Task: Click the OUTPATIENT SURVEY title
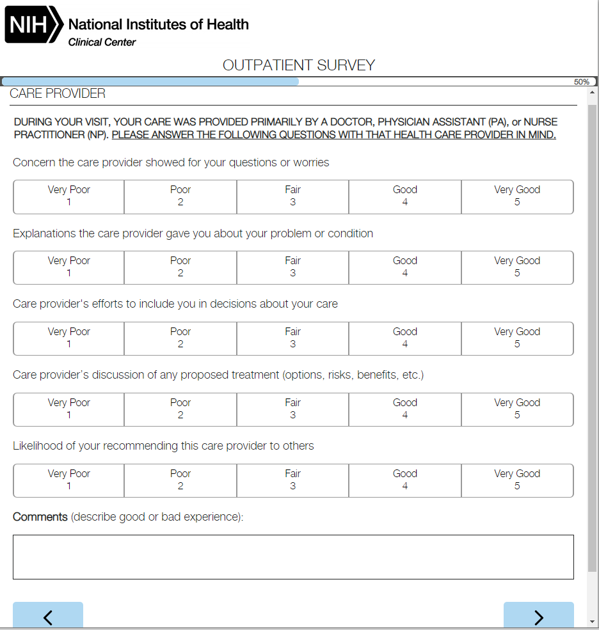coord(299,65)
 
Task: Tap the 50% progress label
coord(581,82)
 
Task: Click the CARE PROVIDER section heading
coord(58,94)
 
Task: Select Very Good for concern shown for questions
coord(517,196)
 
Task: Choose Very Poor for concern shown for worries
coord(69,196)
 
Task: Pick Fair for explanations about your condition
coord(292,267)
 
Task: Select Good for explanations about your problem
coord(405,267)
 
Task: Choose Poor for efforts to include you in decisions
coord(180,338)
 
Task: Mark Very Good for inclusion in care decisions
coord(517,338)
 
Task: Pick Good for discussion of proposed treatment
coord(405,409)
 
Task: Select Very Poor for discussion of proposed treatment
coord(69,409)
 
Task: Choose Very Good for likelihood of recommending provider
coord(517,480)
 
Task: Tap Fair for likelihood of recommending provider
coord(292,480)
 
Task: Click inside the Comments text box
coord(293,557)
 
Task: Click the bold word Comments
coord(40,517)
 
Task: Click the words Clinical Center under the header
coord(102,42)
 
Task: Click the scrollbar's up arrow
coord(592,93)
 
